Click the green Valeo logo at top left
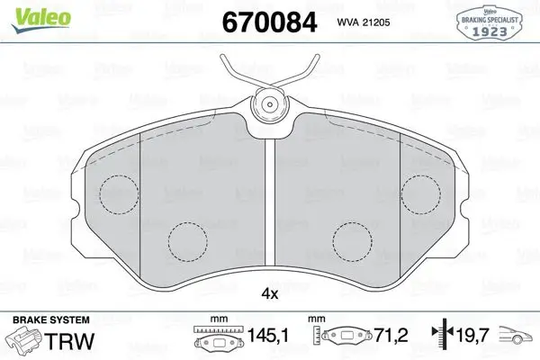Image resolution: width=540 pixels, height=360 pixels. (40, 19)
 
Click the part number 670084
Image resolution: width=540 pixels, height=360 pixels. (269, 22)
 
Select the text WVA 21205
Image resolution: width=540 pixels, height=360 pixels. (364, 22)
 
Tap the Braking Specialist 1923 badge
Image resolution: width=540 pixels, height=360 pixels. (490, 22)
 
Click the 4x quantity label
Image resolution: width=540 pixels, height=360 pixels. (270, 294)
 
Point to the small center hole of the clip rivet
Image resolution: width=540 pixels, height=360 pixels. (270, 104)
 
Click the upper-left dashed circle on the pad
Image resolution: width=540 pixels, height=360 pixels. (119, 194)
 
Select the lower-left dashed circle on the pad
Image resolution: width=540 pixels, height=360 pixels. (188, 241)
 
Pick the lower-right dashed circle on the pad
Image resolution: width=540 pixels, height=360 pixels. (353, 241)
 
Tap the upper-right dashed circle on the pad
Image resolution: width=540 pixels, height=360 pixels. (421, 194)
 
